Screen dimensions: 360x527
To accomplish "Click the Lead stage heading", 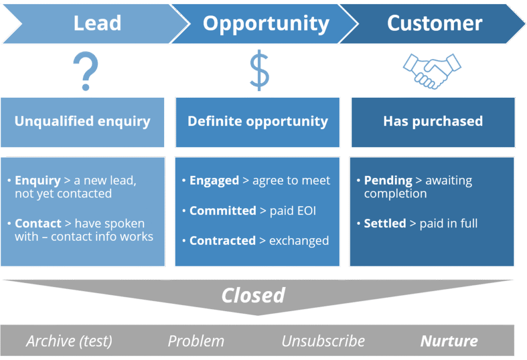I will coord(97,23).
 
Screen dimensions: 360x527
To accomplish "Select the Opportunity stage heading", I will coord(266,23).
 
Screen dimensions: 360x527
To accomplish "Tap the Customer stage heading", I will coord(434,23).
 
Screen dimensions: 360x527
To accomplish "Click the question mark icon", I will coord(85,71).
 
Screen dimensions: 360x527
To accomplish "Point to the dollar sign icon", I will coord(259,70).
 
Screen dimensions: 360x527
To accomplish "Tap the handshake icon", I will coord(431,69).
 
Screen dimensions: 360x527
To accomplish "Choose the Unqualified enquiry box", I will coord(82,121).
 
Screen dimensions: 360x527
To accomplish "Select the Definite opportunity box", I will coord(257,121).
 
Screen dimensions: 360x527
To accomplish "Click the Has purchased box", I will coord(432,121).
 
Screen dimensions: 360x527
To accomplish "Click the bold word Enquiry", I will coord(38,181).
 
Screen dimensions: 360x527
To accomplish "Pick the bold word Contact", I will coord(38,224).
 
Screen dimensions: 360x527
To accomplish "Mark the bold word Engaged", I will coord(214,181).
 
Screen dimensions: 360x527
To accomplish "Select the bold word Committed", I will coord(222,210).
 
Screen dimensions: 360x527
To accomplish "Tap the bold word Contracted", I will coord(222,241).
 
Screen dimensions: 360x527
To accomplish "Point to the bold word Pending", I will coord(388,181).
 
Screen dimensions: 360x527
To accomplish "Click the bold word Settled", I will coord(385,224).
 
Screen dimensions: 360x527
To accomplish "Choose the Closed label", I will coord(253,295).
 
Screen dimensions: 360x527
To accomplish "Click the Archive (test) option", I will coord(69,341).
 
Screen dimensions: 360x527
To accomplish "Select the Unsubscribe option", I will coord(323,341).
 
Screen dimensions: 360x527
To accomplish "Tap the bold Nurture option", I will coord(449,341).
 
